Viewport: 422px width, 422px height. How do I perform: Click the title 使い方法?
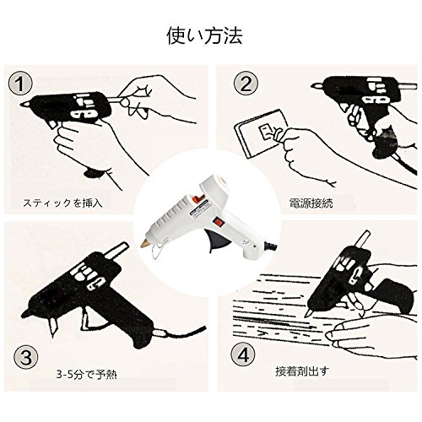[x=204, y=35]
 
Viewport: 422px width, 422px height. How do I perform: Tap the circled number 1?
[x=20, y=83]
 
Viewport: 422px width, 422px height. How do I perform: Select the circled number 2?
[x=246, y=84]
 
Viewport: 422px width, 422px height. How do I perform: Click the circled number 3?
[x=26, y=358]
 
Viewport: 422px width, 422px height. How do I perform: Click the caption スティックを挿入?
[x=62, y=203]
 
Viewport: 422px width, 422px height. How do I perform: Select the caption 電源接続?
[x=311, y=203]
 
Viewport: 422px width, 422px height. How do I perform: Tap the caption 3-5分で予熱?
[x=86, y=375]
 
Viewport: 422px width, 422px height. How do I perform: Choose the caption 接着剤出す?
[x=302, y=371]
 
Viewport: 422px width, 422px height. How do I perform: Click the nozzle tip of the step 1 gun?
[x=24, y=105]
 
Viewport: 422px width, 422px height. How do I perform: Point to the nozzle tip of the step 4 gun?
[x=308, y=312]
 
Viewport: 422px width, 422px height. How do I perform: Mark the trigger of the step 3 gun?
[x=85, y=320]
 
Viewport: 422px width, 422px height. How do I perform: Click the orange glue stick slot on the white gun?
[x=197, y=199]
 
